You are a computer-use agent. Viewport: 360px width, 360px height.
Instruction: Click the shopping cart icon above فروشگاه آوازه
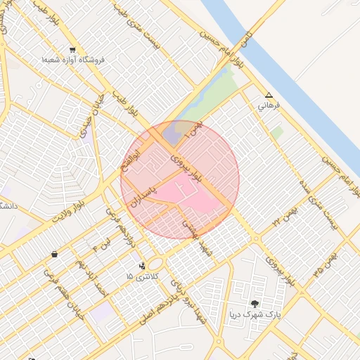pyautogui.click(x=72, y=50)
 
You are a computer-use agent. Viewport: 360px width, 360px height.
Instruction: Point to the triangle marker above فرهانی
pyautogui.click(x=268, y=95)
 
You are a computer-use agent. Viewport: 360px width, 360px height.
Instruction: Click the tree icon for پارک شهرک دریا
pyautogui.click(x=254, y=304)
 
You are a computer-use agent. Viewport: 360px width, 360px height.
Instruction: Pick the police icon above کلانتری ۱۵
pyautogui.click(x=143, y=266)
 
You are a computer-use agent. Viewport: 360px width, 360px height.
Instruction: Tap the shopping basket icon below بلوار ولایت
pyautogui.click(x=54, y=254)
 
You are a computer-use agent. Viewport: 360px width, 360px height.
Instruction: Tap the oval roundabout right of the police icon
pyautogui.click(x=156, y=263)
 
